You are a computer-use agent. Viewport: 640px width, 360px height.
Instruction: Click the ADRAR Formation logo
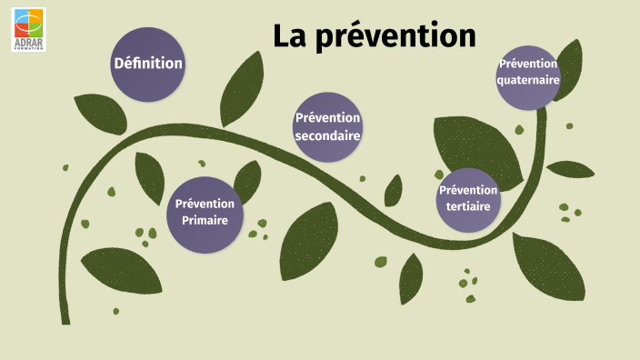click(27, 27)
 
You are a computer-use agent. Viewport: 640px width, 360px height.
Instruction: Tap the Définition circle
click(147, 64)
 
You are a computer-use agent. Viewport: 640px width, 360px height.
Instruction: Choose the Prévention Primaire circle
click(205, 213)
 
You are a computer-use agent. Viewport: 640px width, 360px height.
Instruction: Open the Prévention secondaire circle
click(327, 126)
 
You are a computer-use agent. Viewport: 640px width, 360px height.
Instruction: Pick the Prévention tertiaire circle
click(468, 199)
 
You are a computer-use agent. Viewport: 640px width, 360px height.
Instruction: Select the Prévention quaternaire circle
click(527, 77)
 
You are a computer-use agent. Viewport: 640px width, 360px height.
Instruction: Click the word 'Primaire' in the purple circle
click(205, 221)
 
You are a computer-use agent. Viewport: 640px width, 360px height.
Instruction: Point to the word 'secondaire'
click(327, 135)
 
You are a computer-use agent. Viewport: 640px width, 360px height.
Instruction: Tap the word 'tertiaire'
click(468, 207)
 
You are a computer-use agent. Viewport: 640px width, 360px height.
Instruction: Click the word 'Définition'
click(147, 64)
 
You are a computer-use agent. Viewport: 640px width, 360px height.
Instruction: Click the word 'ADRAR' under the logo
click(28, 42)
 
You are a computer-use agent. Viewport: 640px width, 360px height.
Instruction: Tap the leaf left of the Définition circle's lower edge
click(99, 113)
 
